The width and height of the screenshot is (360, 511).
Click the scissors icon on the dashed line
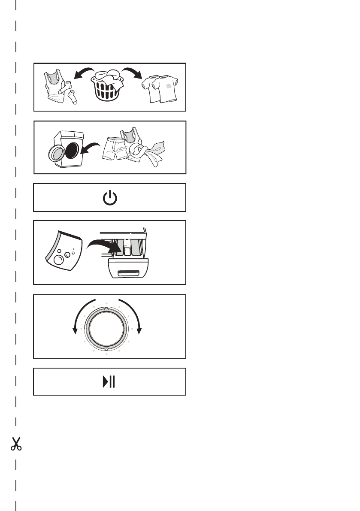[16, 444]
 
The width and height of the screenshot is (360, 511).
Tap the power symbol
[110, 198]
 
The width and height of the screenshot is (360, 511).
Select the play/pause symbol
[109, 381]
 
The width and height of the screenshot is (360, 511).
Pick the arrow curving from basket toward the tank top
[83, 72]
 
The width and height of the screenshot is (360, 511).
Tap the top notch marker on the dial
[106, 308]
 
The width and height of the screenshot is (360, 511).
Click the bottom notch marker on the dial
[106, 350]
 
